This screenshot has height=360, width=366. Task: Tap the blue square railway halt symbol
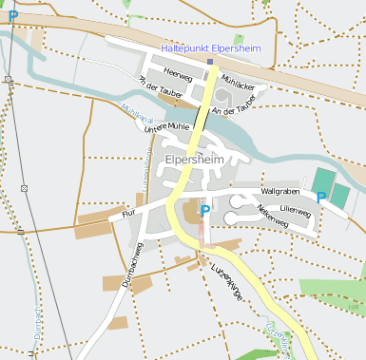(x=210, y=63)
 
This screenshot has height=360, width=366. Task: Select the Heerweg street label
(x=178, y=72)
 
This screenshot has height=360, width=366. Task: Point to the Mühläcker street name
(x=238, y=81)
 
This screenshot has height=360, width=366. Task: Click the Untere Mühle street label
(x=165, y=126)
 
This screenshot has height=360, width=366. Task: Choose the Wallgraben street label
(x=279, y=192)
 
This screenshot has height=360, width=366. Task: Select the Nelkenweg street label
(x=272, y=214)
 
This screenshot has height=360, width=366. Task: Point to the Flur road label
(x=130, y=215)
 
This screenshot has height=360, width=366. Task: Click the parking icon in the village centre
(x=204, y=210)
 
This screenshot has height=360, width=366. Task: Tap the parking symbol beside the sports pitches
(x=321, y=198)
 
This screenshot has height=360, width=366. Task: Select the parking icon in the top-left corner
(x=12, y=16)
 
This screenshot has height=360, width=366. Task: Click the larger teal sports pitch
(x=323, y=181)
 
